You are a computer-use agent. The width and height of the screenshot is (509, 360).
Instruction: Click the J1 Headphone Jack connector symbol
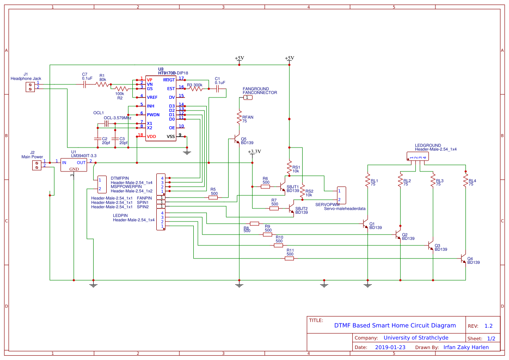[30, 87]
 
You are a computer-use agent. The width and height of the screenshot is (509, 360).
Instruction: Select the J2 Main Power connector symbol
[37, 165]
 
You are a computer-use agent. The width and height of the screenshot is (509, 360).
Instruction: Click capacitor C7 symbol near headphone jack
[85, 84]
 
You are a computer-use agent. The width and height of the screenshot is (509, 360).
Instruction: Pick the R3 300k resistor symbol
[196, 89]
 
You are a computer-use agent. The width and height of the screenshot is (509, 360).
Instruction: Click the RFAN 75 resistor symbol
[239, 117]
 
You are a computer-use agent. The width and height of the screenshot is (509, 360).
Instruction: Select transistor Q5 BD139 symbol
[236, 140]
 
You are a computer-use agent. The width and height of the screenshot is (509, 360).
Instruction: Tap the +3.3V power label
[254, 152]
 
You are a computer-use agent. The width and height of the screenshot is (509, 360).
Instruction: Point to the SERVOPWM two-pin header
[341, 195]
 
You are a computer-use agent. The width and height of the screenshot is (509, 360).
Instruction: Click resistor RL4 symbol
[465, 181]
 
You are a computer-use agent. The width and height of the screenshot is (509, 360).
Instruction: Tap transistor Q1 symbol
[366, 224]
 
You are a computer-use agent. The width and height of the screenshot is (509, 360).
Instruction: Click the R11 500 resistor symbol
[289, 259]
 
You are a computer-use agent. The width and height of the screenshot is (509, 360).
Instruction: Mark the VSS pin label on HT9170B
[171, 137]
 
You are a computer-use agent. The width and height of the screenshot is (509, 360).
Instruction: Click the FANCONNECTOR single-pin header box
[247, 98]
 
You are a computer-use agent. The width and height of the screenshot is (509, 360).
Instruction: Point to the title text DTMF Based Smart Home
[394, 325]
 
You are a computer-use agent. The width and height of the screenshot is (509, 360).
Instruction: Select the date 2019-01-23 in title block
[390, 347]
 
